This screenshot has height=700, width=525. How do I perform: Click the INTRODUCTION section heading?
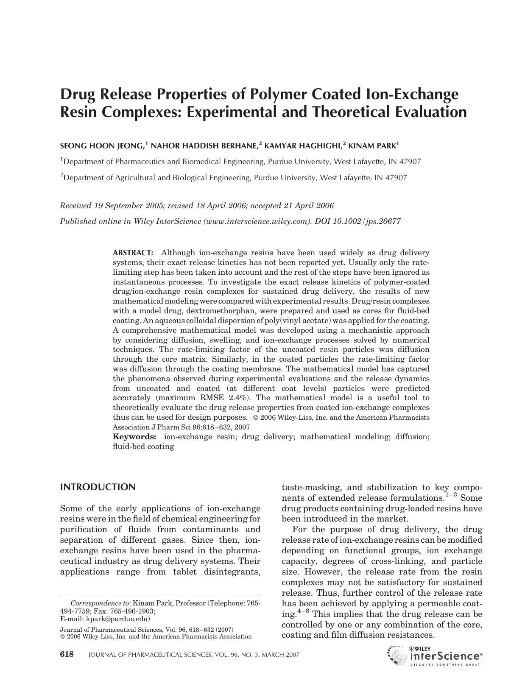point(98,487)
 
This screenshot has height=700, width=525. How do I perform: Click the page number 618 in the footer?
point(67,654)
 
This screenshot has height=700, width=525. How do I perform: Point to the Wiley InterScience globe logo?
point(397,655)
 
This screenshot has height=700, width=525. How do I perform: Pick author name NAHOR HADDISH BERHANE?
point(204,146)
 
